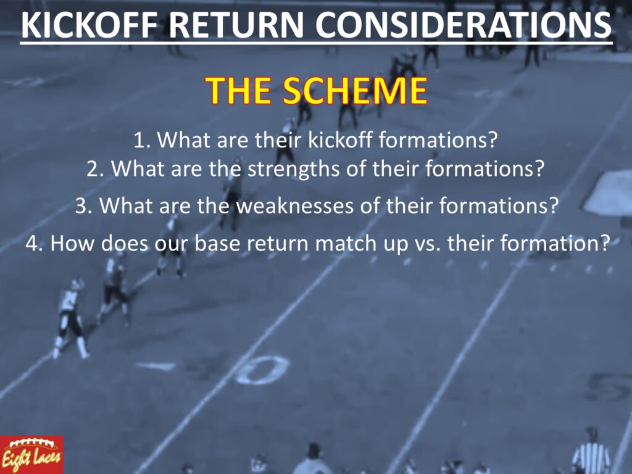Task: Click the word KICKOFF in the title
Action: coord(89,25)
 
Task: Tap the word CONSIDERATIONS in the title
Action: coord(463,25)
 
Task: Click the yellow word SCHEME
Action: coord(354,90)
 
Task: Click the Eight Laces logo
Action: coord(31,455)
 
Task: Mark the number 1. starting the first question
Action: coord(143,140)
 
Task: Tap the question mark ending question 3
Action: coord(554,206)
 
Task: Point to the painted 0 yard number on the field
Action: coord(262,370)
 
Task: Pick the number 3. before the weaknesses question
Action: coord(84,206)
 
